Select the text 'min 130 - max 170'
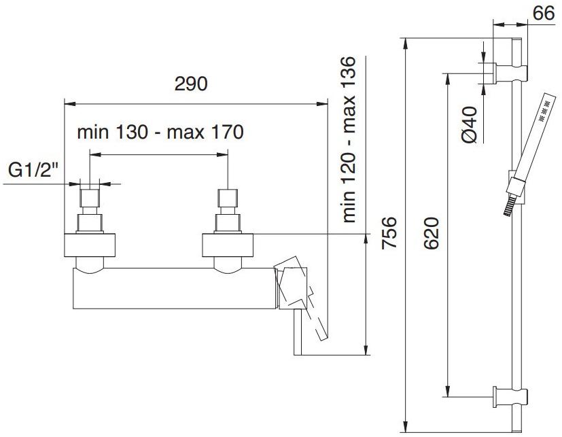[160, 133]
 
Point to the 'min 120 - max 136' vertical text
[349, 139]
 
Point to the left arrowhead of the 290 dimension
[67, 103]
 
